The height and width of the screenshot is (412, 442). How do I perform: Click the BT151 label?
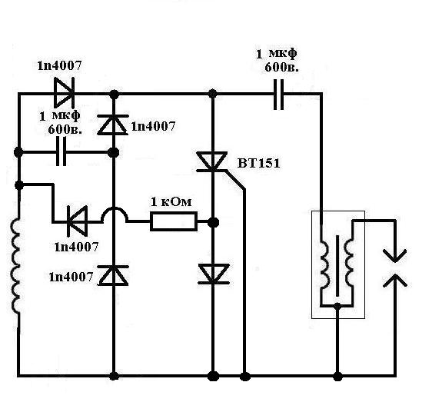click(x=259, y=163)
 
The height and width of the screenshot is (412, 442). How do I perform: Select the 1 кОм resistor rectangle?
click(x=174, y=222)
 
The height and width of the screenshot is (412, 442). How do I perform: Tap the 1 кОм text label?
click(x=171, y=202)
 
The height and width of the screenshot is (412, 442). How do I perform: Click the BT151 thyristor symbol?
click(x=212, y=161)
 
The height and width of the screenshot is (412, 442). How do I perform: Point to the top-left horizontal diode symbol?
click(x=64, y=93)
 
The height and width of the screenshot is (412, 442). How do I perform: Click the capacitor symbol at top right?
click(x=279, y=95)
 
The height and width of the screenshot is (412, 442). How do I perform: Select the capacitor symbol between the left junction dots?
click(x=61, y=152)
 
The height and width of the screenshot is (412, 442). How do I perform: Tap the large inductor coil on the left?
click(x=16, y=265)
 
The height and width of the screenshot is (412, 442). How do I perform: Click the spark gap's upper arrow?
click(x=394, y=255)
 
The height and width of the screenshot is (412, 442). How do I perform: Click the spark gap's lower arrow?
click(x=394, y=281)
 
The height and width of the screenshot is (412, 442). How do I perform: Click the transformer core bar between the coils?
click(x=337, y=266)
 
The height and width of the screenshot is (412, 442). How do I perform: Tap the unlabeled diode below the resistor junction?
click(x=213, y=274)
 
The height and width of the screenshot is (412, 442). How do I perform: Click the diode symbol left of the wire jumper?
click(x=77, y=221)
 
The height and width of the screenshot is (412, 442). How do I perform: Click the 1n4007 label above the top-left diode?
click(x=59, y=65)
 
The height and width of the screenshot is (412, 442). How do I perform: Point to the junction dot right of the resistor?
click(x=213, y=223)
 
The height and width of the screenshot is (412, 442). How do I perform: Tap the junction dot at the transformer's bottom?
click(x=337, y=305)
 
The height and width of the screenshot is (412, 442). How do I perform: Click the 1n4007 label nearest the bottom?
click(x=71, y=277)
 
